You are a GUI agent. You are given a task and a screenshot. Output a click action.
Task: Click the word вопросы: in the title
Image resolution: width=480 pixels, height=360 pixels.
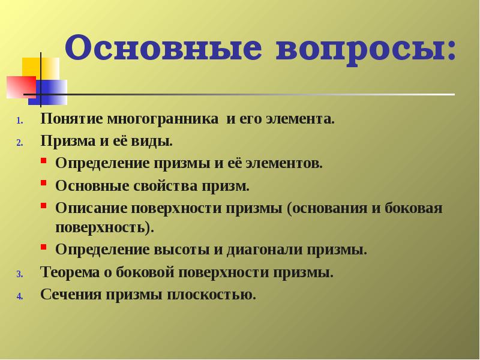(366, 49)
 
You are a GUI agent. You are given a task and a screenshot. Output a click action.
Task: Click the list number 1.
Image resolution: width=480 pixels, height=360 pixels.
(19, 120)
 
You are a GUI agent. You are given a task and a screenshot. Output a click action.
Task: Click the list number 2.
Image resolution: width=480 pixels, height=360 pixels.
(19, 143)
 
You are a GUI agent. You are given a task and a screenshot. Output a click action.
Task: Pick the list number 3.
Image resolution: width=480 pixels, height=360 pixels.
(19, 274)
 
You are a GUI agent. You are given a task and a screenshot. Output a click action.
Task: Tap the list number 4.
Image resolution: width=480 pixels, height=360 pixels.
(19, 296)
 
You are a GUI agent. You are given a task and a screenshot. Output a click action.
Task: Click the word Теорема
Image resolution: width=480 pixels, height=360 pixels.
(67, 272)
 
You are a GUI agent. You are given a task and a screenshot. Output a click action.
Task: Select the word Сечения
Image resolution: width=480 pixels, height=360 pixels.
(68, 295)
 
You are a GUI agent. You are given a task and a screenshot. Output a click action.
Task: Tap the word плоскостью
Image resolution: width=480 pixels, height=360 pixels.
(211, 295)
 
